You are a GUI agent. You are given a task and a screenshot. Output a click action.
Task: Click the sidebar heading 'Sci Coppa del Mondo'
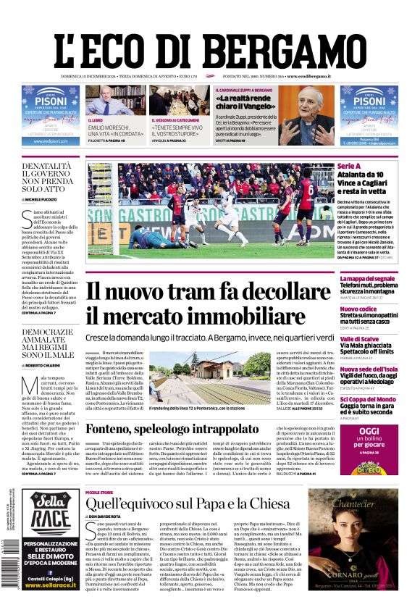(367, 399)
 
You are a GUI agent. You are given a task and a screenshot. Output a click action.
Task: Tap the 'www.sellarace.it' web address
(51, 585)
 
